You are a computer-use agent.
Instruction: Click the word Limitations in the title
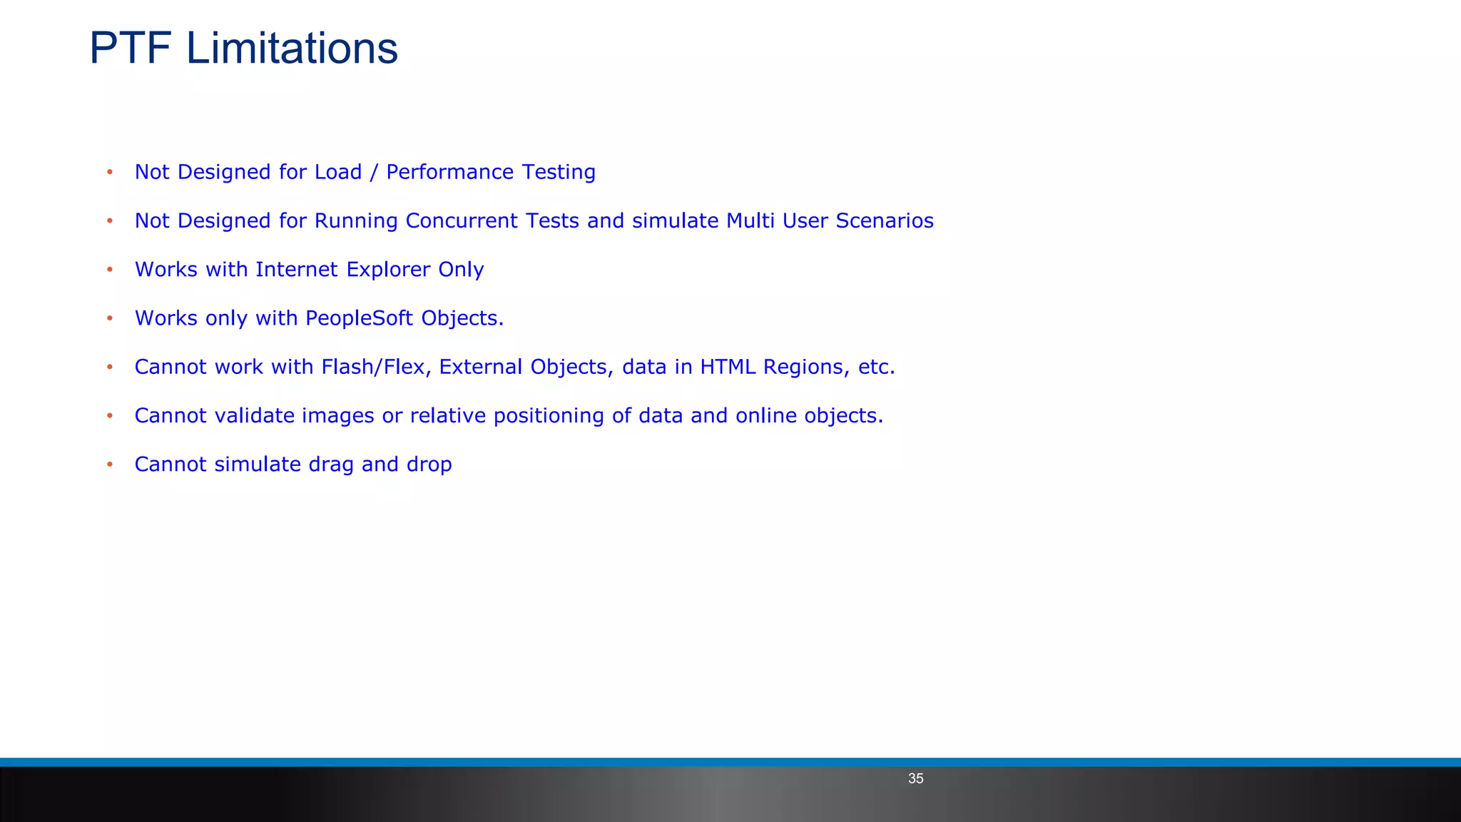click(292, 49)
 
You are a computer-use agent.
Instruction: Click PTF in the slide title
click(130, 49)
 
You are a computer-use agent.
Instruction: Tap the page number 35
click(915, 778)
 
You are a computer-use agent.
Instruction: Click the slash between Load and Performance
click(374, 173)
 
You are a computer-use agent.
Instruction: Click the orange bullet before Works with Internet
click(110, 270)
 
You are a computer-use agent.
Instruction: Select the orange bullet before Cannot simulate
click(110, 465)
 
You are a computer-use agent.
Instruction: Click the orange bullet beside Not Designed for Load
click(110, 172)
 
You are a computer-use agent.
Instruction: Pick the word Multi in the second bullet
click(750, 220)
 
